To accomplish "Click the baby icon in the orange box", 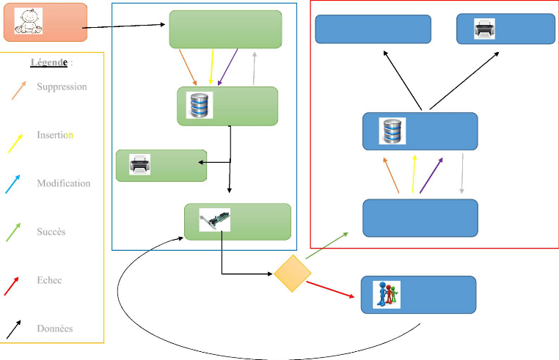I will click(x=29, y=21).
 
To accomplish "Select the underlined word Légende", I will click(x=48, y=62).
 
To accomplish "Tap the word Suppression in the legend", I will click(x=62, y=87).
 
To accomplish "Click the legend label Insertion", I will click(x=55, y=135).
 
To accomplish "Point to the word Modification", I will click(x=64, y=183).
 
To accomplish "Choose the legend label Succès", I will click(x=51, y=232).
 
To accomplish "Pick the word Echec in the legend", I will click(x=49, y=280).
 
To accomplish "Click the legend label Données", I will click(x=54, y=328).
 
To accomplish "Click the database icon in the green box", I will click(x=200, y=106).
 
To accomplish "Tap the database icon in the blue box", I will click(x=390, y=131).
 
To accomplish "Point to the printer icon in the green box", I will click(x=139, y=164).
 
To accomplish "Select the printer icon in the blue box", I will click(x=484, y=29).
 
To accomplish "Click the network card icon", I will click(x=215, y=220).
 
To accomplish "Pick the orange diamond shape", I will click(x=292, y=273).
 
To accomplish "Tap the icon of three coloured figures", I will click(x=387, y=294).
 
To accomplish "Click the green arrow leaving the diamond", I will click(x=327, y=245).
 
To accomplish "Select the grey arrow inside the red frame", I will click(x=462, y=175).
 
